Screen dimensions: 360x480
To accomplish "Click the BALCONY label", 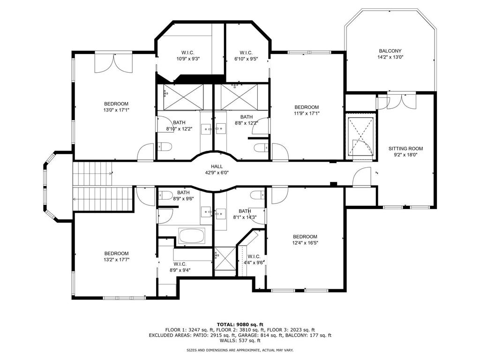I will [390, 51].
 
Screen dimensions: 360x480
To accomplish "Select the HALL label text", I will [217, 166].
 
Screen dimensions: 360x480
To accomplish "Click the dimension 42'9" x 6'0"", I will [217, 172].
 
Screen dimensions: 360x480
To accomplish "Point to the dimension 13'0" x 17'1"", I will [116, 110].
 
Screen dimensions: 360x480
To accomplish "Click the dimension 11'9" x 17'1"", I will [306, 113].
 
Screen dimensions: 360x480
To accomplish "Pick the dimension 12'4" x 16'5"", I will [305, 243].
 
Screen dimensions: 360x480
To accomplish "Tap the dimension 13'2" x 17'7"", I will [116, 260].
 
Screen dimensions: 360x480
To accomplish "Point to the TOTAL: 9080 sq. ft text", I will [240, 324].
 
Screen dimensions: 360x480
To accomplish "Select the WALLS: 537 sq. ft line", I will [240, 341].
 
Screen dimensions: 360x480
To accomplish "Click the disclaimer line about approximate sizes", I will [240, 350].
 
